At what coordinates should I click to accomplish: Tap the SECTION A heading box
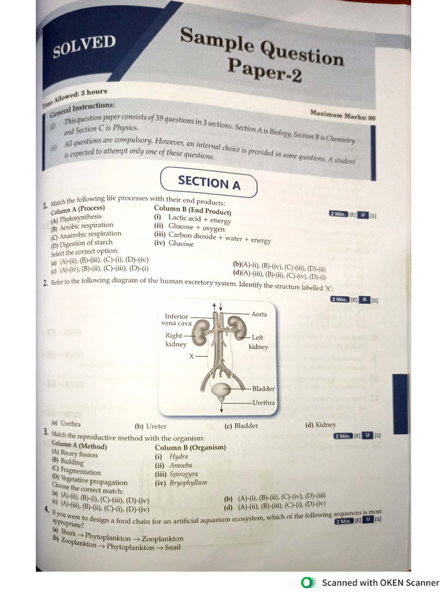pyautogui.click(x=208, y=182)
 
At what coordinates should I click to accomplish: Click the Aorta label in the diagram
pyautogui.click(x=259, y=314)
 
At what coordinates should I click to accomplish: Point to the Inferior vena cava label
pyautogui.click(x=176, y=320)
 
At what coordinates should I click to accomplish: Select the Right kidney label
pyautogui.click(x=175, y=340)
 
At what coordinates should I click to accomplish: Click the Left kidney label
pyautogui.click(x=258, y=342)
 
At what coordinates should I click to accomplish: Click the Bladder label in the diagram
pyautogui.click(x=263, y=389)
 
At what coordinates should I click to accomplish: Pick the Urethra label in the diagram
pyautogui.click(x=263, y=403)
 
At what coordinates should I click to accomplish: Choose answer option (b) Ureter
pyautogui.click(x=151, y=426)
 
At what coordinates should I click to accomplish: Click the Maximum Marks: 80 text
pyautogui.click(x=343, y=115)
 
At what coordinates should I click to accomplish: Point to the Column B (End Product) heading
pyautogui.click(x=192, y=210)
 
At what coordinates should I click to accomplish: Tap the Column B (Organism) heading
pyautogui.click(x=190, y=448)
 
